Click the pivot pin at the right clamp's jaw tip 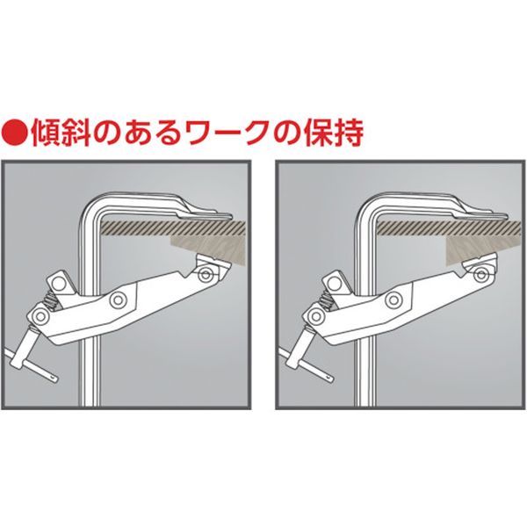point(480,275)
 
